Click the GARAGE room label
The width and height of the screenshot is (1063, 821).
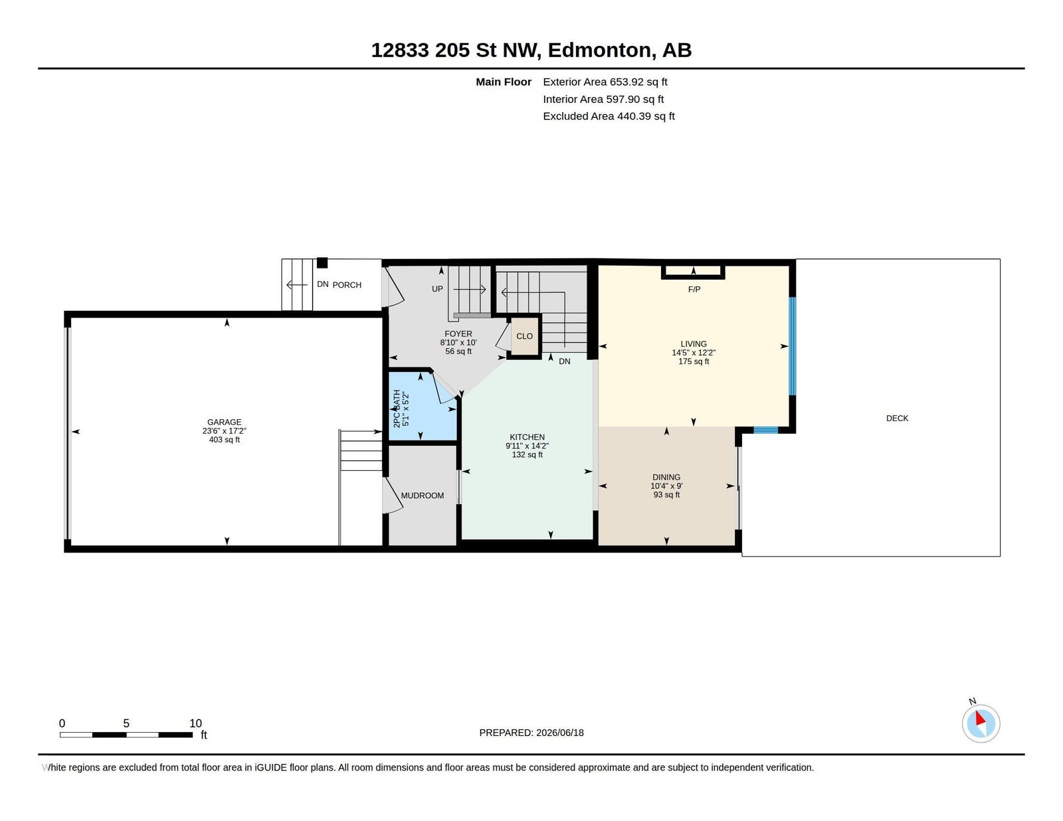click(224, 422)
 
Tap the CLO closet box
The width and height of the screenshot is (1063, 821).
click(524, 336)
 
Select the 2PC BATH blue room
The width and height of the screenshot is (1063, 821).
click(422, 407)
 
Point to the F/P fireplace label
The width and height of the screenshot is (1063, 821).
click(694, 290)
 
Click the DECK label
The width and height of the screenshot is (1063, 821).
click(897, 418)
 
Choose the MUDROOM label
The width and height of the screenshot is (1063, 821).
click(422, 496)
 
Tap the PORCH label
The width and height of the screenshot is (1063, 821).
click(347, 285)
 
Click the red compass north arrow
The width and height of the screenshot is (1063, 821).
click(980, 718)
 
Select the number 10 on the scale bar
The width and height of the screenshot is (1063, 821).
click(196, 723)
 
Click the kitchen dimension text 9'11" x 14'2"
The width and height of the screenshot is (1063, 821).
click(527, 446)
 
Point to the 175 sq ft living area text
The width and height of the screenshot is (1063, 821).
click(693, 361)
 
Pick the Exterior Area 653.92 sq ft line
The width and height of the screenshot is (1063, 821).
click(605, 82)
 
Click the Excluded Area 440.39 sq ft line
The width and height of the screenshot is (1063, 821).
click(609, 116)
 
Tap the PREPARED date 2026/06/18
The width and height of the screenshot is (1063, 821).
click(559, 733)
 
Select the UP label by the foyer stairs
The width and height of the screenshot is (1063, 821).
click(437, 289)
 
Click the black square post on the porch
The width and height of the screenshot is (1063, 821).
click(322, 263)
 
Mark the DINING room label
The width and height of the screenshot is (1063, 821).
click(666, 477)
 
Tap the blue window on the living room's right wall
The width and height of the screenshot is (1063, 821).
click(792, 345)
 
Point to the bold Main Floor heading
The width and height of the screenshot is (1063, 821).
click(504, 82)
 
